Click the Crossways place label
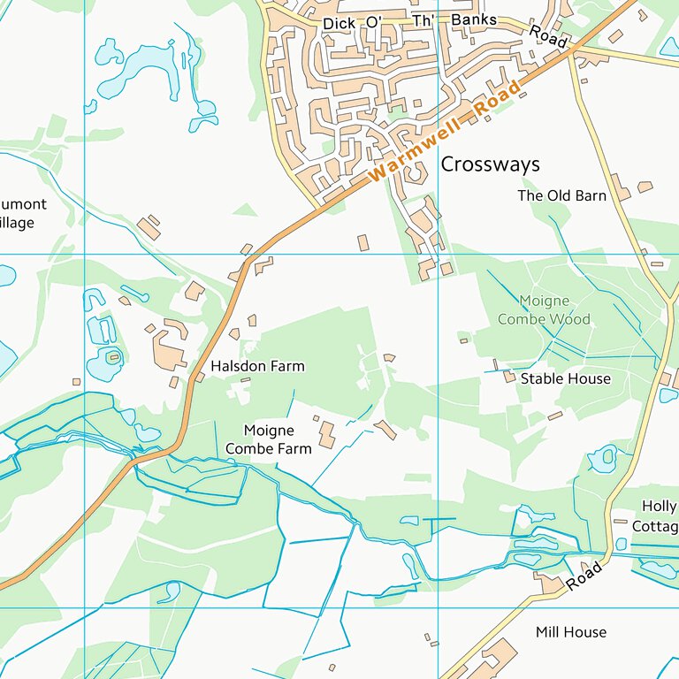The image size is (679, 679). (x=490, y=164)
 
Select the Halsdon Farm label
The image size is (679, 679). (x=257, y=366)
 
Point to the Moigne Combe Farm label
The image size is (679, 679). (x=269, y=439)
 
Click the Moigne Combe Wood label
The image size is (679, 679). (x=544, y=310)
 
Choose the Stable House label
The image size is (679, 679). (x=565, y=378)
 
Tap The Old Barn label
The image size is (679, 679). (x=561, y=195)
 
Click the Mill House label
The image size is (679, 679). (x=571, y=632)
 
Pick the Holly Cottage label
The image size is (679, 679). (x=658, y=516)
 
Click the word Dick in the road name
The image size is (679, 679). (x=339, y=23)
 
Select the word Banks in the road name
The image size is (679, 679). (x=474, y=20)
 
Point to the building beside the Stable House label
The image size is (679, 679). (x=509, y=377)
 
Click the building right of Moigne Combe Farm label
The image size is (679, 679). (x=326, y=433)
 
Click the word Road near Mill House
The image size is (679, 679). (x=584, y=576)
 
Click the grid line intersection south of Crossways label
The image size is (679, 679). (x=439, y=255)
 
